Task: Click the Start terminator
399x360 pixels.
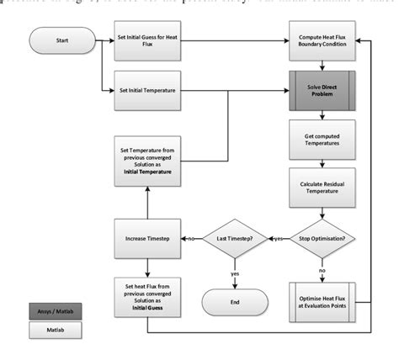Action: pos(61,40)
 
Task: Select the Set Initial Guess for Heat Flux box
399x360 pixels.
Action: pos(147,40)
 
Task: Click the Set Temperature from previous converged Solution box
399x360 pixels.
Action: pos(147,160)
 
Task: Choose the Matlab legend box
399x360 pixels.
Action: pos(52,332)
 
